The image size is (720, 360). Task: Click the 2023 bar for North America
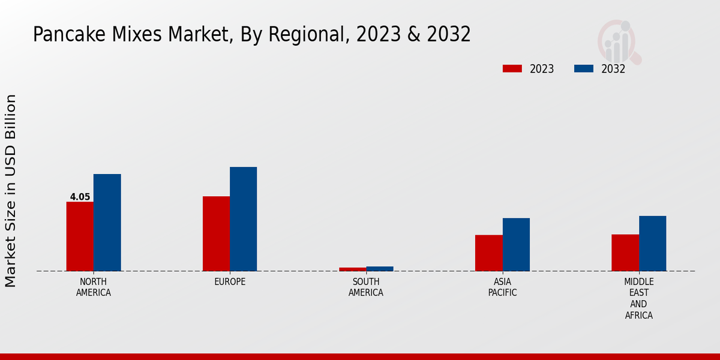(x=80, y=236)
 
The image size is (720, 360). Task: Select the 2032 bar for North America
(x=107, y=223)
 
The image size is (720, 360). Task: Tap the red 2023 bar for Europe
(x=216, y=233)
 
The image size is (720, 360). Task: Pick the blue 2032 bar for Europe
(x=243, y=219)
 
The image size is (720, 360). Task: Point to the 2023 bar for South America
(x=352, y=269)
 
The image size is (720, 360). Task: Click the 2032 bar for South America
(x=380, y=269)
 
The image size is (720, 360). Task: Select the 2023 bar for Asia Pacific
(x=488, y=253)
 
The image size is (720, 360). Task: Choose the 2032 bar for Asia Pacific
(x=516, y=244)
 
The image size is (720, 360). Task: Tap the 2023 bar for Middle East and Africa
(x=625, y=253)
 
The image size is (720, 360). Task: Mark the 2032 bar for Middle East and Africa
(x=652, y=243)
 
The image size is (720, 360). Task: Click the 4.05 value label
(x=80, y=197)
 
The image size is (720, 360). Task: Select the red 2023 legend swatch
(x=512, y=68)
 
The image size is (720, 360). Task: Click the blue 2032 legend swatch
(x=584, y=68)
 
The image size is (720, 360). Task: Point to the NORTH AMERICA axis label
(x=94, y=287)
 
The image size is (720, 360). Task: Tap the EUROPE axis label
(x=230, y=282)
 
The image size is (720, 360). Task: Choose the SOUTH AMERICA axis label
(x=366, y=287)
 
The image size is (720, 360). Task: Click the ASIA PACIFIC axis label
(x=502, y=287)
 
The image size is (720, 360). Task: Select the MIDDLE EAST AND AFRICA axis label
(x=638, y=298)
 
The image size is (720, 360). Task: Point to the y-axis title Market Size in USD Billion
(x=11, y=190)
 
